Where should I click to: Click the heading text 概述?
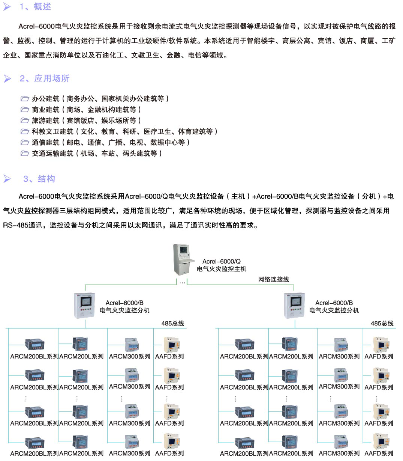[x=42, y=7]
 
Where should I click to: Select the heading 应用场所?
[x=52, y=78]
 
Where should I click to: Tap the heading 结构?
[x=46, y=179]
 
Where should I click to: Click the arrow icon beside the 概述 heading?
[x=7, y=7]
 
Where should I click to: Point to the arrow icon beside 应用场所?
[x=7, y=78]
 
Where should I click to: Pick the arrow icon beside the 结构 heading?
[x=7, y=179]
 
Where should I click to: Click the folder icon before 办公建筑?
[x=25, y=99]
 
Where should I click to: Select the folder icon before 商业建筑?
[x=25, y=110]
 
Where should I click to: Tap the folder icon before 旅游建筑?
[x=25, y=121]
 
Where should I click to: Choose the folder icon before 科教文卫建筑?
[x=25, y=132]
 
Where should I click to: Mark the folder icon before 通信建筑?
[x=25, y=143]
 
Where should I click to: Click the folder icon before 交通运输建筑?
[x=25, y=154]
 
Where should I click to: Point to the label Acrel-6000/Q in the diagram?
[x=221, y=261]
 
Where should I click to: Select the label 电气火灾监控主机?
[x=221, y=269]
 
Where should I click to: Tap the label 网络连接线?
[x=273, y=279]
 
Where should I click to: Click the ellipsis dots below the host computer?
[x=182, y=282]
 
